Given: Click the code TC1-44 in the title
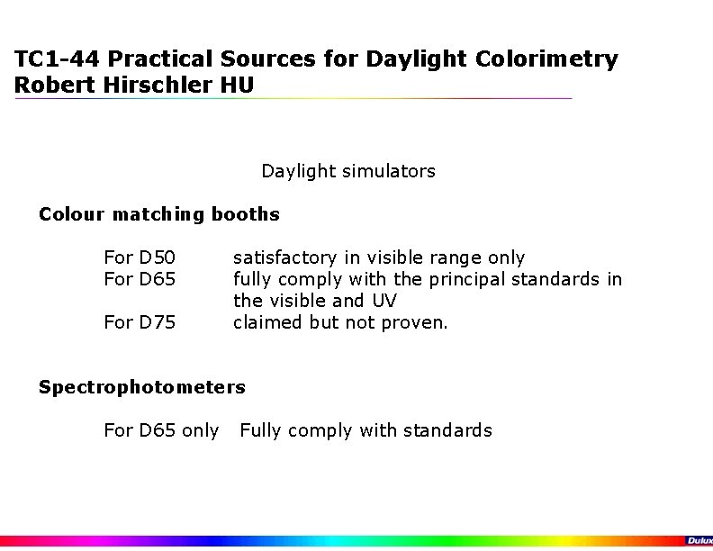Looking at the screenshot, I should (x=53, y=60).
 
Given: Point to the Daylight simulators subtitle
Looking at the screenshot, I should (x=348, y=171).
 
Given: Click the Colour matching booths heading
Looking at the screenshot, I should (x=159, y=214).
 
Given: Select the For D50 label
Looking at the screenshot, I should (x=140, y=258).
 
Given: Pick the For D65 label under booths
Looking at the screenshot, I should (x=140, y=279).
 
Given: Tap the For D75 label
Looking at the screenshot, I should (x=140, y=321).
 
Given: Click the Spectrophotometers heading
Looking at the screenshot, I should (x=141, y=387).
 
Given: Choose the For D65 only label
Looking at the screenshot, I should (x=161, y=430).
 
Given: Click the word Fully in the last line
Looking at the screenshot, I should (x=260, y=430).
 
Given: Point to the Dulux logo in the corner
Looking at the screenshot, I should (x=699, y=540).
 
